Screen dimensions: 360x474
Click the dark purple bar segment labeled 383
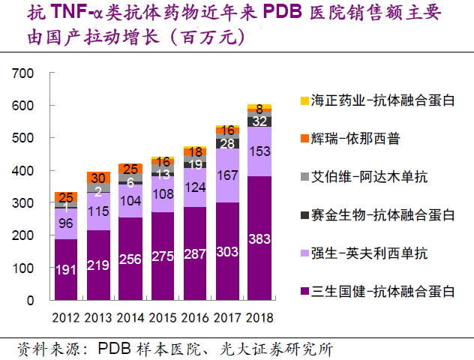259,238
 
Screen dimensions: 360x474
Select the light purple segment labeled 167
227,175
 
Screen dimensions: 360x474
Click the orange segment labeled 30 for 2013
98,178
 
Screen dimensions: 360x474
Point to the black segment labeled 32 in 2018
259,121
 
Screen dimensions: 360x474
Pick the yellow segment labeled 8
259,108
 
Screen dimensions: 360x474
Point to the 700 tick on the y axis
24,73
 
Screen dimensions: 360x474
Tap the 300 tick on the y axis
24,203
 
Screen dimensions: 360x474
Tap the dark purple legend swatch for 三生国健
304,292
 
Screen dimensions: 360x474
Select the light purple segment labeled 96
66,223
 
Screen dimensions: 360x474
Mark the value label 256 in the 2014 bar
130,259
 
